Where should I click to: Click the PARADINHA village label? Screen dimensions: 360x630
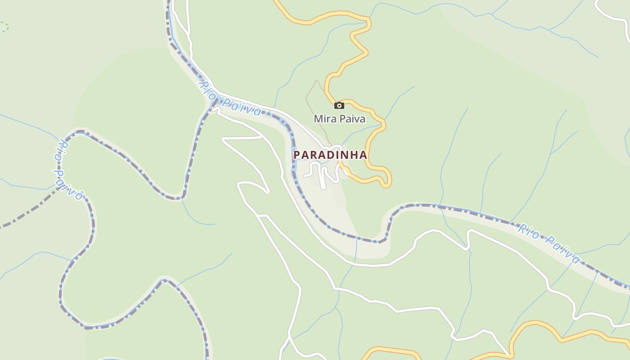pyautogui.click(x=330, y=155)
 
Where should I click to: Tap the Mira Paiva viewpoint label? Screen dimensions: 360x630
pyautogui.click(x=339, y=119)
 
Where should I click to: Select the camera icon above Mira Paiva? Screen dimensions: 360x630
pyautogui.click(x=339, y=105)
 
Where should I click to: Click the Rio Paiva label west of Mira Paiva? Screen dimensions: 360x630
pyautogui.click(x=230, y=99)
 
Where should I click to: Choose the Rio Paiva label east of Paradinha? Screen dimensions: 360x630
pyautogui.click(x=549, y=243)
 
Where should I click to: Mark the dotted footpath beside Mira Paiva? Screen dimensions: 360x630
pyautogui.click(x=310, y=97)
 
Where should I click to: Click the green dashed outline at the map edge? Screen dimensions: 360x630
pyautogui.click(x=4, y=27)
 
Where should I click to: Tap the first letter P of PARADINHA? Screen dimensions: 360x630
pyautogui.click(x=297, y=155)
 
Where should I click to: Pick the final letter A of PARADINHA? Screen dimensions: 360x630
pyautogui.click(x=363, y=155)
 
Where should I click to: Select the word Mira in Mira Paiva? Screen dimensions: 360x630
pyautogui.click(x=324, y=119)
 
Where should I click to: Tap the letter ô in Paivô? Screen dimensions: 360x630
pyautogui.click(x=79, y=195)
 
